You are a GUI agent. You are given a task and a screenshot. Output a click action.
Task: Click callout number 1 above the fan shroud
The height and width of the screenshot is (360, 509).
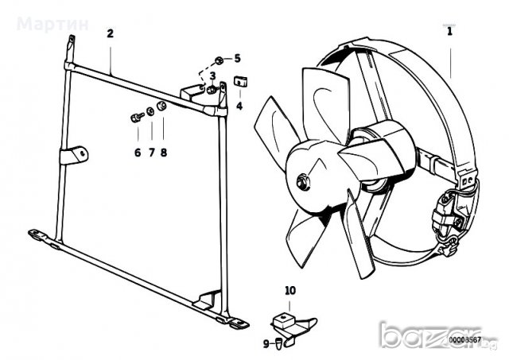449,33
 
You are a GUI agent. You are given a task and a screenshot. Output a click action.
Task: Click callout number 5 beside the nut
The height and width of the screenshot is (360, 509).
235,58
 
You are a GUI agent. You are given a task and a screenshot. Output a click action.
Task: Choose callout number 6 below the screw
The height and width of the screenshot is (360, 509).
137,152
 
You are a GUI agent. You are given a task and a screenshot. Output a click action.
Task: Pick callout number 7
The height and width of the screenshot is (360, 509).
150,152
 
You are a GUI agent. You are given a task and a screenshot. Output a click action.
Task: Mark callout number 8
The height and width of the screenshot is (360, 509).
164,152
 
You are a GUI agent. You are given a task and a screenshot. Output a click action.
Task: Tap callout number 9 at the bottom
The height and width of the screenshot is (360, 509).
267,343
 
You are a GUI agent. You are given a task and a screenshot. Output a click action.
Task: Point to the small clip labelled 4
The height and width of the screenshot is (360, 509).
239,80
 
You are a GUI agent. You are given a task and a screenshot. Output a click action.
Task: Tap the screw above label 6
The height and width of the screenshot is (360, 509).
135,117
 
